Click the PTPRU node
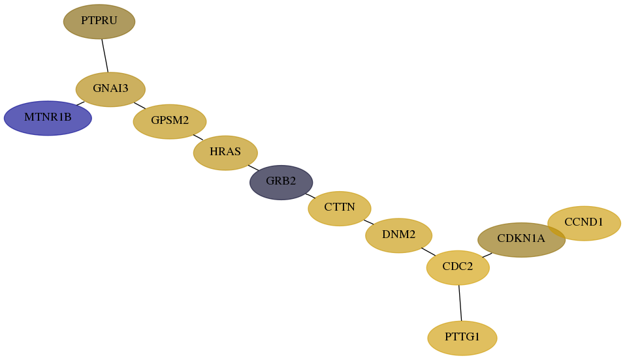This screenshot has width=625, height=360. click(99, 22)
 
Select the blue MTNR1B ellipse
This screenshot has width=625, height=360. click(48, 118)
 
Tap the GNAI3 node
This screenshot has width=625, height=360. click(110, 89)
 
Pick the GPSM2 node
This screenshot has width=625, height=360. click(170, 121)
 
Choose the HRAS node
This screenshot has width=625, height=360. click(225, 153)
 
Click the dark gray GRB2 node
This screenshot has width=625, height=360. click(281, 183)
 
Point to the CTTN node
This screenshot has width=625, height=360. click(340, 209)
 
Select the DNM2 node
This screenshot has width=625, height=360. click(398, 235)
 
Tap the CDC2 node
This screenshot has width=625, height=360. click(458, 267)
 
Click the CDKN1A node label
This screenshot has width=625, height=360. click(521, 239)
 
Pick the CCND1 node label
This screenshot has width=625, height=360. click(584, 222)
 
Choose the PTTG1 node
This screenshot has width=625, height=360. click(462, 338)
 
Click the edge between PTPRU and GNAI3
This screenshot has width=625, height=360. click(105, 55)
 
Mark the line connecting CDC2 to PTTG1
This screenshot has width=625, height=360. click(460, 303)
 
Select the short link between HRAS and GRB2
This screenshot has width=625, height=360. click(253, 168)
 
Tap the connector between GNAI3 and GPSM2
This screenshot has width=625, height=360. click(140, 106)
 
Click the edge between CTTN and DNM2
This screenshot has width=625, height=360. click(369, 222)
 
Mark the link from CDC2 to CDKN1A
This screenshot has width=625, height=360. click(487, 255)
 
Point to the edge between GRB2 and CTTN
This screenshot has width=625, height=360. click(310, 196)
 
